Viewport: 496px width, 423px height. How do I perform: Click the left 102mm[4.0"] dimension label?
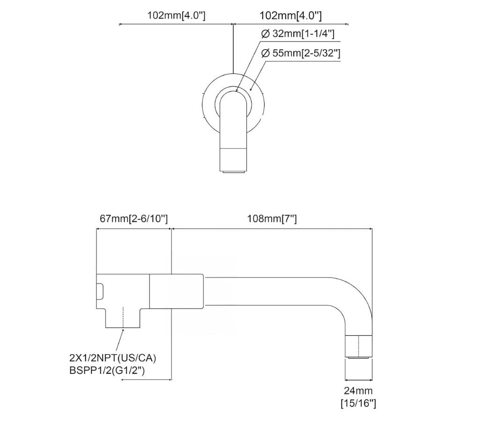coord(176,15)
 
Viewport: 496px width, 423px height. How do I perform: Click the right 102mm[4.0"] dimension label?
coord(290,15)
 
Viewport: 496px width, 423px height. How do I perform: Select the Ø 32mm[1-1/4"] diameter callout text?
coord(297,34)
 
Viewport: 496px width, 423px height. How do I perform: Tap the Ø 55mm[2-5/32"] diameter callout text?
coord(300,53)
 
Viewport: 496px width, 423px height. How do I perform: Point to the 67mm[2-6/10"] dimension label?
coord(133,219)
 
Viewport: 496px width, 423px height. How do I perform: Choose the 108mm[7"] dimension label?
coord(272,219)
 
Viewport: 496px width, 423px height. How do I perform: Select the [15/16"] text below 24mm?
coord(358,403)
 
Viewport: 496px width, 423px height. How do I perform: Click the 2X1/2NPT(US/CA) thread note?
coord(112,358)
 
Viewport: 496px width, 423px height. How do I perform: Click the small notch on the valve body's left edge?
coord(100,291)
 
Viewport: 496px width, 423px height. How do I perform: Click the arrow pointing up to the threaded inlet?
coord(122,334)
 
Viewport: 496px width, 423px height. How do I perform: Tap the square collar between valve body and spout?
coord(176,291)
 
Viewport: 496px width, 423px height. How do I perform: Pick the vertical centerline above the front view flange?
coord(233,47)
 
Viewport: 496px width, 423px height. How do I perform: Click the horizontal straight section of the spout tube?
coord(272,291)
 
